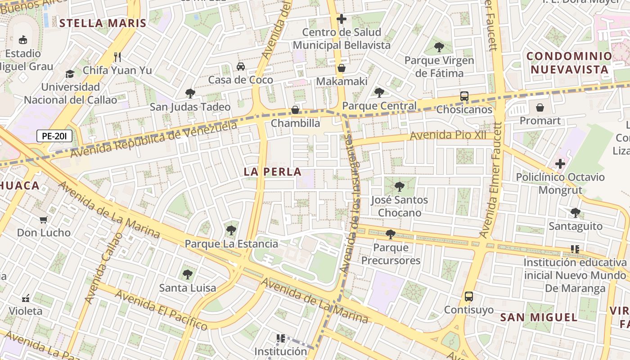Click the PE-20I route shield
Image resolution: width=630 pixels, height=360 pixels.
click(x=54, y=136)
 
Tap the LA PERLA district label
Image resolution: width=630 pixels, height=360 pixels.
click(x=272, y=172)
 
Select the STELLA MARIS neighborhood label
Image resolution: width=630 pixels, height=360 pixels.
click(x=103, y=23)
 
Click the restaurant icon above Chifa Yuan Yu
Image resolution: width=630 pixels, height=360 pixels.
click(x=117, y=57)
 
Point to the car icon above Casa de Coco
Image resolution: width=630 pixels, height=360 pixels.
click(x=241, y=67)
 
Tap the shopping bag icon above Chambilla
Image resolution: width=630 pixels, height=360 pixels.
click(x=295, y=110)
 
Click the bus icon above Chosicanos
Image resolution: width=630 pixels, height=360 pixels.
click(x=464, y=96)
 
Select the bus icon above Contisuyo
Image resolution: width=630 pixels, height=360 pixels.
click(x=469, y=297)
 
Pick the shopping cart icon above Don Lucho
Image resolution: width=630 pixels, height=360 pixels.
click(x=44, y=220)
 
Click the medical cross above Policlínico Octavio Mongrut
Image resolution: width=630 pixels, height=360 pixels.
click(x=560, y=164)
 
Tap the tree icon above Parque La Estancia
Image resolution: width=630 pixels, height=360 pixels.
click(x=231, y=230)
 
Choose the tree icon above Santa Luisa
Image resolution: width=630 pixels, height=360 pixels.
click(x=188, y=274)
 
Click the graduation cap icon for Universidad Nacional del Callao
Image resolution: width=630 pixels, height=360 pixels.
click(x=70, y=74)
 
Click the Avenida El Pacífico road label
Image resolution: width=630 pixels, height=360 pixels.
click(x=161, y=310)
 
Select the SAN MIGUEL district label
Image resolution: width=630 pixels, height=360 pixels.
click(x=539, y=317)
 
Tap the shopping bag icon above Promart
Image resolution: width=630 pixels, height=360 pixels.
click(x=540, y=108)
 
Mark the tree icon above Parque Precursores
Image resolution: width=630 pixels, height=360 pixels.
click(x=390, y=234)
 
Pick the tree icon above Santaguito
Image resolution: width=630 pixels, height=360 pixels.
click(x=575, y=213)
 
